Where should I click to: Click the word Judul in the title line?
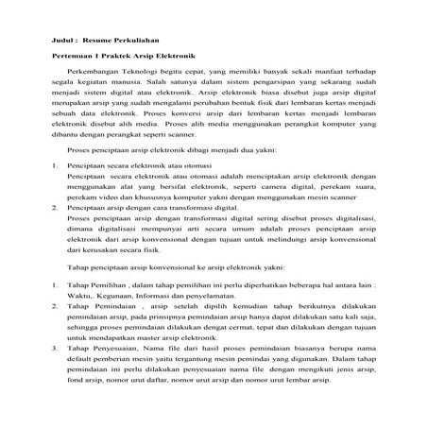point(63,39)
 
